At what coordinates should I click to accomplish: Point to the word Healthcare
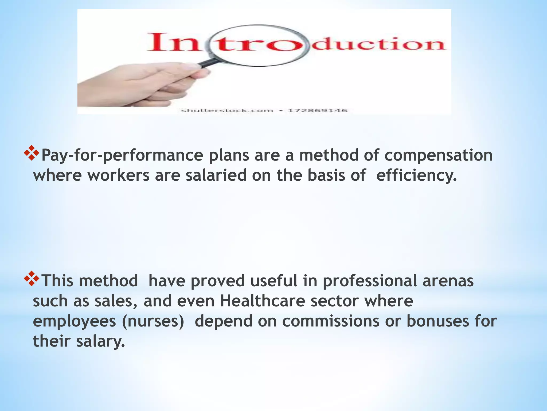point(262,301)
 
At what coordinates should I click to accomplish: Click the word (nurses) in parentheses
point(153,321)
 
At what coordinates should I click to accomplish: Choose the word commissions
point(331,321)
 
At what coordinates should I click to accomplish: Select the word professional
point(370,281)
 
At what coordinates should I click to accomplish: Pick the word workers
point(118,176)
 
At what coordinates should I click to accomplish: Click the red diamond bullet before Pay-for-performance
point(32,153)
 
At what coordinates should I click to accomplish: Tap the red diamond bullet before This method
point(32,279)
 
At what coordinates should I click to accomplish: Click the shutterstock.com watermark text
point(227,111)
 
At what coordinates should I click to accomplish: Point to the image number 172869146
point(317,111)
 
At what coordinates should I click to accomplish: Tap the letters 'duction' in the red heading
point(378,44)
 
